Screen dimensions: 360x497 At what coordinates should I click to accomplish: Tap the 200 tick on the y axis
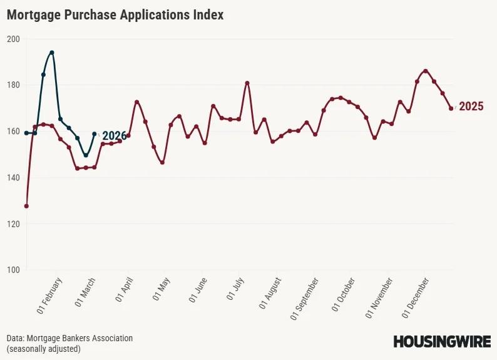coord(13,39)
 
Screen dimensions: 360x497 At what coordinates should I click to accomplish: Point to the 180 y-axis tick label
coord(13,85)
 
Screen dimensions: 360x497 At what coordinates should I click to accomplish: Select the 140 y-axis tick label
coord(13,178)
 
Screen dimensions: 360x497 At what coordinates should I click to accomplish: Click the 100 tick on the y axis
coord(13,270)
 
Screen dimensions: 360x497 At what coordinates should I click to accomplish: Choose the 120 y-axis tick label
coord(13,224)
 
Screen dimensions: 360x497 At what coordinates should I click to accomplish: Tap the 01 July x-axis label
coord(238,291)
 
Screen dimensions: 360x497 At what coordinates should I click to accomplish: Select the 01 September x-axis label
coord(305,299)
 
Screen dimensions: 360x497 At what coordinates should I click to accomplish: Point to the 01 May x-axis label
coord(161,292)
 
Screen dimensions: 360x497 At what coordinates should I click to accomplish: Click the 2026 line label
coord(114,136)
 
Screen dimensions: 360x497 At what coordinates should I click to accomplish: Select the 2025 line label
coord(471,106)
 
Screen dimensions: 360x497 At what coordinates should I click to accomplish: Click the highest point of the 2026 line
coord(52,53)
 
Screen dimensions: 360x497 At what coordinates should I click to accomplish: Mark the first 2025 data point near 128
coord(26,206)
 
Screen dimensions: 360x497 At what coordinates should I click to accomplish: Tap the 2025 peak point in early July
coord(247,83)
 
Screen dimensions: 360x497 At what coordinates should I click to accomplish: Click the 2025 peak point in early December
coord(426,71)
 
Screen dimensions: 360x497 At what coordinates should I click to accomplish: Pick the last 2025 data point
coord(451,108)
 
